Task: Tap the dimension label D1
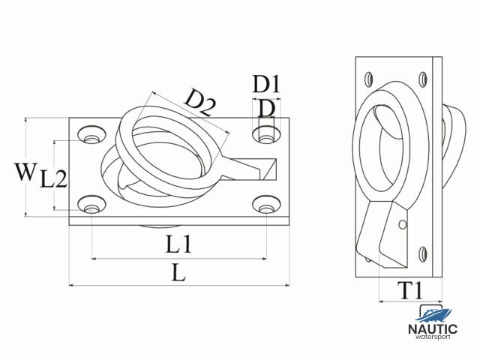pos(265,84)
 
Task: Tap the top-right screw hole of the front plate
pos(264,135)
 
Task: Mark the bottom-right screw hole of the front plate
pos(264,205)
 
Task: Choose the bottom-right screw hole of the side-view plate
pos(424,253)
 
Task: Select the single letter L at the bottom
pos(178,273)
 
